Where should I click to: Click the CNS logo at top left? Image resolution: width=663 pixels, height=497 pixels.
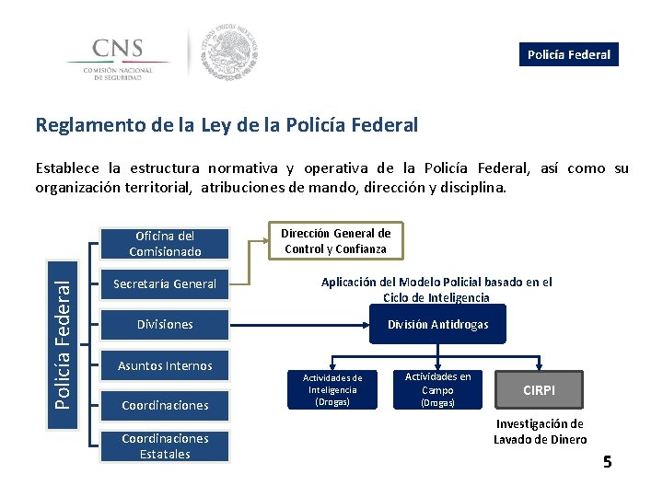(x=118, y=56)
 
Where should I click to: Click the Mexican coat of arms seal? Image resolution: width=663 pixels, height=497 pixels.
(x=229, y=52)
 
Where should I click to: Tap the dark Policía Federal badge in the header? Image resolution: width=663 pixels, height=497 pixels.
(x=568, y=54)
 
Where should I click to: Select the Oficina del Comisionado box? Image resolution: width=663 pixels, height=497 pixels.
(x=165, y=243)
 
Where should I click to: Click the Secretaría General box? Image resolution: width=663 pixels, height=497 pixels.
(x=165, y=283)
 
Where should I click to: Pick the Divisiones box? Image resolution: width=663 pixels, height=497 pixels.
(x=165, y=324)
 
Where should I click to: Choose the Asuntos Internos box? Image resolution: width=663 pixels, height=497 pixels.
(x=165, y=365)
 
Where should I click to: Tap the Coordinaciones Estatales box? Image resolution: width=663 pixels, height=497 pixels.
(x=165, y=445)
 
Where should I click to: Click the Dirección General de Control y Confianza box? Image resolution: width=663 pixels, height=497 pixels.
(x=337, y=241)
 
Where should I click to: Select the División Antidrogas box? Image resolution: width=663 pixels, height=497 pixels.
(x=437, y=325)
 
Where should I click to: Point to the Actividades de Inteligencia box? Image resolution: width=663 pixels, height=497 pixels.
(x=332, y=389)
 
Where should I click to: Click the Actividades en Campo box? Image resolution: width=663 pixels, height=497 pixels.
(x=437, y=389)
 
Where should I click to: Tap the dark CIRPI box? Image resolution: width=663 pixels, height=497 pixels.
(x=539, y=390)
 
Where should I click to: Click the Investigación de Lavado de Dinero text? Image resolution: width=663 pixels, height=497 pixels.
(x=540, y=431)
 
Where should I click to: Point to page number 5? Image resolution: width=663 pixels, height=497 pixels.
(x=607, y=462)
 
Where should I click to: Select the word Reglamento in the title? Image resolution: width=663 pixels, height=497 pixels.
(x=81, y=124)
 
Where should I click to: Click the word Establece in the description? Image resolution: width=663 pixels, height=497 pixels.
(x=67, y=168)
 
